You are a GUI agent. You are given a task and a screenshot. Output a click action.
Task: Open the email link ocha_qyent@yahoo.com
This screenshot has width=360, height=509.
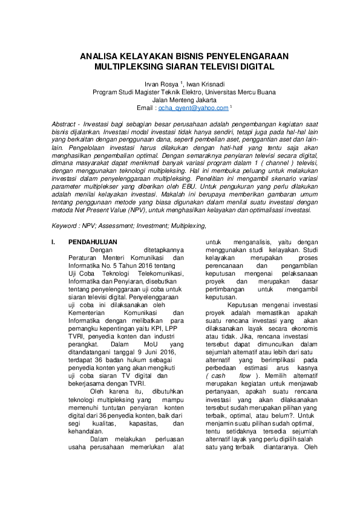[x=193, y=108]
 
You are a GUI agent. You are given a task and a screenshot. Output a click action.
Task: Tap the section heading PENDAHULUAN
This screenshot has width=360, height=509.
[x=93, y=242]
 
